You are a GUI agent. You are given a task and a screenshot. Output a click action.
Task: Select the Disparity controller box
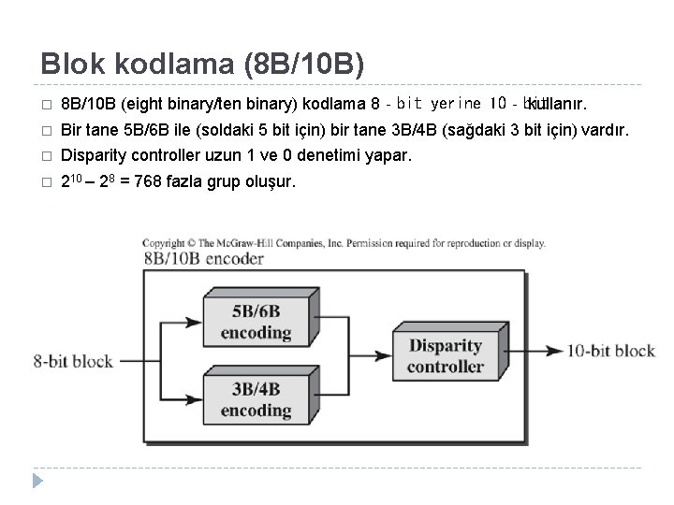pos(445,355)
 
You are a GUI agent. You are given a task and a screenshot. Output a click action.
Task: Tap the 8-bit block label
pos(73,360)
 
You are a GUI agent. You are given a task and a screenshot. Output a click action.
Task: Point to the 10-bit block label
pos(611,351)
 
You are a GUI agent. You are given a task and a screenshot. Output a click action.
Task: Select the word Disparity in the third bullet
pos(93,154)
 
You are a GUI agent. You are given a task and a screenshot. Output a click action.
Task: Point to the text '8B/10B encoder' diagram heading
pos(204,260)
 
